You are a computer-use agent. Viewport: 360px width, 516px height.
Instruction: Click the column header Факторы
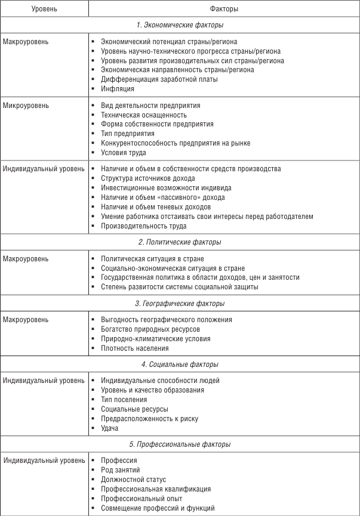point(224,9)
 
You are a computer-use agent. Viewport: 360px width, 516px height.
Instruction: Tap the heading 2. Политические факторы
point(179,242)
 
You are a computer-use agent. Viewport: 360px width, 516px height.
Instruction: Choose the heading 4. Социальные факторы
point(179,364)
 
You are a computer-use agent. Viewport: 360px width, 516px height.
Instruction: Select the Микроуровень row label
point(26,106)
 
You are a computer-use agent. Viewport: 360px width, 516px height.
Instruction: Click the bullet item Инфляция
point(115,89)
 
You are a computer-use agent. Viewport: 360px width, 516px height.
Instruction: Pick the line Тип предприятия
point(128,134)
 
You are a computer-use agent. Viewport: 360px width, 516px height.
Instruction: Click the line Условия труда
point(123,153)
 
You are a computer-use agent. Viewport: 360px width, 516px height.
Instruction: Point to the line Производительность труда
point(143,226)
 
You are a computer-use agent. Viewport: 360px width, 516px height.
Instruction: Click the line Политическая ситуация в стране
point(152,259)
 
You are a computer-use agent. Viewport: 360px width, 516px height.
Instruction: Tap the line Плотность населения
point(134,348)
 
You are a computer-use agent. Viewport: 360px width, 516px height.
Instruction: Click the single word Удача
point(110,428)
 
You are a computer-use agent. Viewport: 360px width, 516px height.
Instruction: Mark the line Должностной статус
point(133,480)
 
